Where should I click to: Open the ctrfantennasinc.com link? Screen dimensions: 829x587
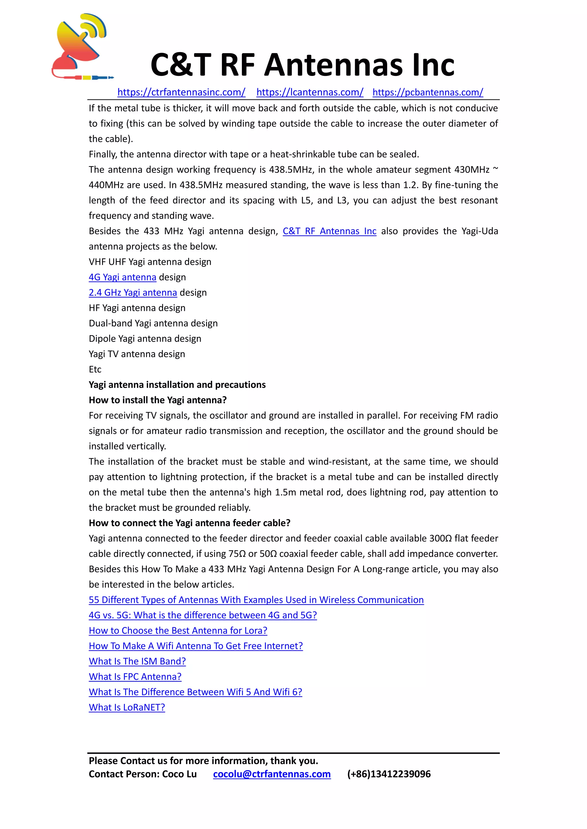click(x=181, y=92)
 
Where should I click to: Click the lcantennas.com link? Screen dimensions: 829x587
click(x=310, y=92)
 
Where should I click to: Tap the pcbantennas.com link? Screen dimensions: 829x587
click(x=428, y=92)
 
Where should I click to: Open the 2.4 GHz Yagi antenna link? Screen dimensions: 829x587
click(x=133, y=293)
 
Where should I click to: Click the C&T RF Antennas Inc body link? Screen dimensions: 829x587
click(x=329, y=231)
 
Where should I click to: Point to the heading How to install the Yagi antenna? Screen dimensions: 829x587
click(x=158, y=400)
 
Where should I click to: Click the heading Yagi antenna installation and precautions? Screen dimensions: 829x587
click(x=177, y=384)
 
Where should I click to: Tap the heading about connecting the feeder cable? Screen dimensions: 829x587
click(x=189, y=523)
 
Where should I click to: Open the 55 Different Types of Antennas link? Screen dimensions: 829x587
click(x=256, y=600)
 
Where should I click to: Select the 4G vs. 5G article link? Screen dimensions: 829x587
click(x=203, y=615)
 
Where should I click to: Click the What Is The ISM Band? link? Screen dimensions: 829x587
click(x=137, y=661)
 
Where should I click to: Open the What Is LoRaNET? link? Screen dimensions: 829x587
click(x=127, y=707)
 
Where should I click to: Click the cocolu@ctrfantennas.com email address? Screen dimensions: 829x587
click(x=272, y=774)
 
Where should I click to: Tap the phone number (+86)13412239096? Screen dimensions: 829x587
click(x=389, y=774)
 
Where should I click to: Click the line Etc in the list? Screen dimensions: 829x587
click(x=95, y=369)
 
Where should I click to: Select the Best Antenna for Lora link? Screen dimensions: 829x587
click(x=178, y=630)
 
